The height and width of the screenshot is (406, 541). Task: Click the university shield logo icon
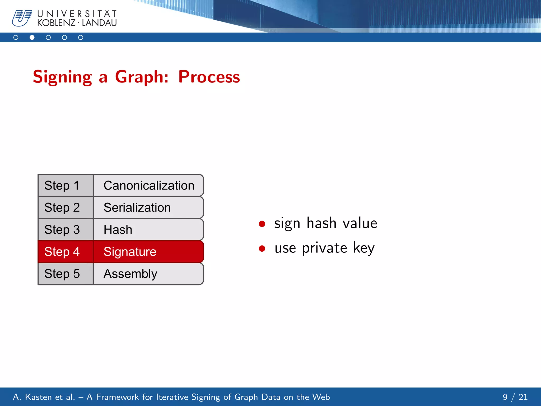(x=22, y=18)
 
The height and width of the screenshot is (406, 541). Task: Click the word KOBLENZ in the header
(x=56, y=23)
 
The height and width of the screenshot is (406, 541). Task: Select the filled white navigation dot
(x=32, y=38)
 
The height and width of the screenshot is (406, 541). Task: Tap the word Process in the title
(x=209, y=77)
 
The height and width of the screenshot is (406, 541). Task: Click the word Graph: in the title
(x=142, y=77)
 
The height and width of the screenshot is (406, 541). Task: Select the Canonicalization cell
(x=148, y=185)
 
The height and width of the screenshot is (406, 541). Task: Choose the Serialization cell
(x=148, y=207)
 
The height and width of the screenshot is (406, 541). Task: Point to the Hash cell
(x=148, y=229)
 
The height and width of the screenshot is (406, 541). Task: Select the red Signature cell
(x=148, y=252)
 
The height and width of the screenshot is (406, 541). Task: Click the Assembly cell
(x=148, y=274)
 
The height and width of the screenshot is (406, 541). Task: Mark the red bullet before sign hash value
(x=262, y=224)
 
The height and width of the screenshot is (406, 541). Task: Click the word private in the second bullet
(x=324, y=248)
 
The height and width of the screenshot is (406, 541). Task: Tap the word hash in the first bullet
(x=321, y=223)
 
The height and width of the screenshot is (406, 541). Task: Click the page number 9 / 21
(x=515, y=397)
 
